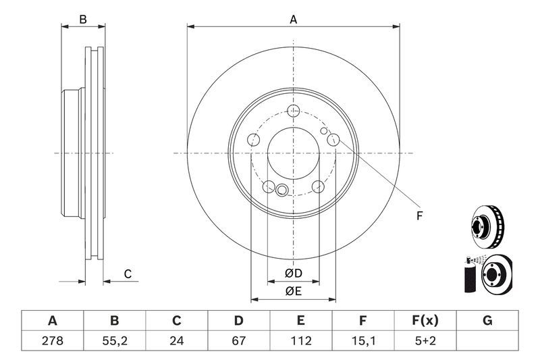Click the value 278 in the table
(52, 340)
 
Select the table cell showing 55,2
(114, 340)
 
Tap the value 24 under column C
(177, 340)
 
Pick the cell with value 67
(239, 340)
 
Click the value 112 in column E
(301, 340)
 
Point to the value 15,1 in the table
(363, 340)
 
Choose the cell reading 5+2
(425, 340)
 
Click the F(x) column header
(425, 320)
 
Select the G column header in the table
(487, 320)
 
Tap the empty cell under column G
(487, 340)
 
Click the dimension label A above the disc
(294, 20)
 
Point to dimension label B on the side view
(83, 20)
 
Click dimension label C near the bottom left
(126, 274)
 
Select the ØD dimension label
(292, 273)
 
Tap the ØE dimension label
(292, 291)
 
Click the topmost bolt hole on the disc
(293, 111)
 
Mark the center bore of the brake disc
(293, 153)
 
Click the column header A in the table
(52, 320)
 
